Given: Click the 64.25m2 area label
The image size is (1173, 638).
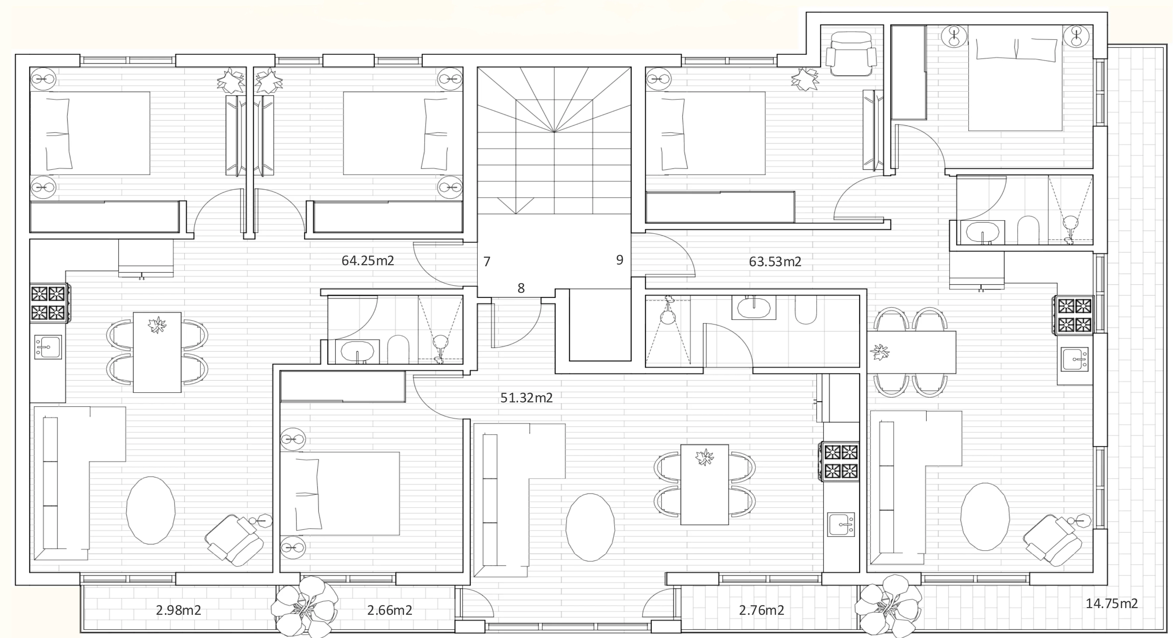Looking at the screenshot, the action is [x=367, y=261].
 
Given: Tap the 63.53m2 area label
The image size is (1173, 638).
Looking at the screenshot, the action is [x=775, y=262].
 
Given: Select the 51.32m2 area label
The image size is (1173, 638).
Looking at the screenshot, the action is [x=526, y=398].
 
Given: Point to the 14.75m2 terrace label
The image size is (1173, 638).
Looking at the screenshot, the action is [x=1111, y=603].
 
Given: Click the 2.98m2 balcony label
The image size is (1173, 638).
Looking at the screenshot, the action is [x=179, y=610].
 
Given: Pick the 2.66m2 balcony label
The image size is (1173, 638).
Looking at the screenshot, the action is [x=390, y=610].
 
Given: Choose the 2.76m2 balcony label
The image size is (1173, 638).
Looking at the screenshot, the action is [x=761, y=610].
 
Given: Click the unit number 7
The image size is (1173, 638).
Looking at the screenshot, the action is [x=487, y=262].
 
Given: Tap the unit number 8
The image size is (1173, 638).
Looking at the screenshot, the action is [x=521, y=288].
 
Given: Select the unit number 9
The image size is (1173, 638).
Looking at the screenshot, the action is [x=619, y=260].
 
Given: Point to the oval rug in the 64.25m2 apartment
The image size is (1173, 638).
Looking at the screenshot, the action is [x=151, y=511].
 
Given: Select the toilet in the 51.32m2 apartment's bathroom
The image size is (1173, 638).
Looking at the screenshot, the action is [x=806, y=310].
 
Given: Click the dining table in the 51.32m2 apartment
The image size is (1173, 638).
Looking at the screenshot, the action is [x=704, y=484].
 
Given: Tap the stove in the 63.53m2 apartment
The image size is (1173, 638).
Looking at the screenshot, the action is [x=1074, y=315].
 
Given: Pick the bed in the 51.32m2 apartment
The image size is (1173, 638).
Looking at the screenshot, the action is [x=340, y=494].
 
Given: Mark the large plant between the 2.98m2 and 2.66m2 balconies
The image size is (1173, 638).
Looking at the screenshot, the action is [x=304, y=607].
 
